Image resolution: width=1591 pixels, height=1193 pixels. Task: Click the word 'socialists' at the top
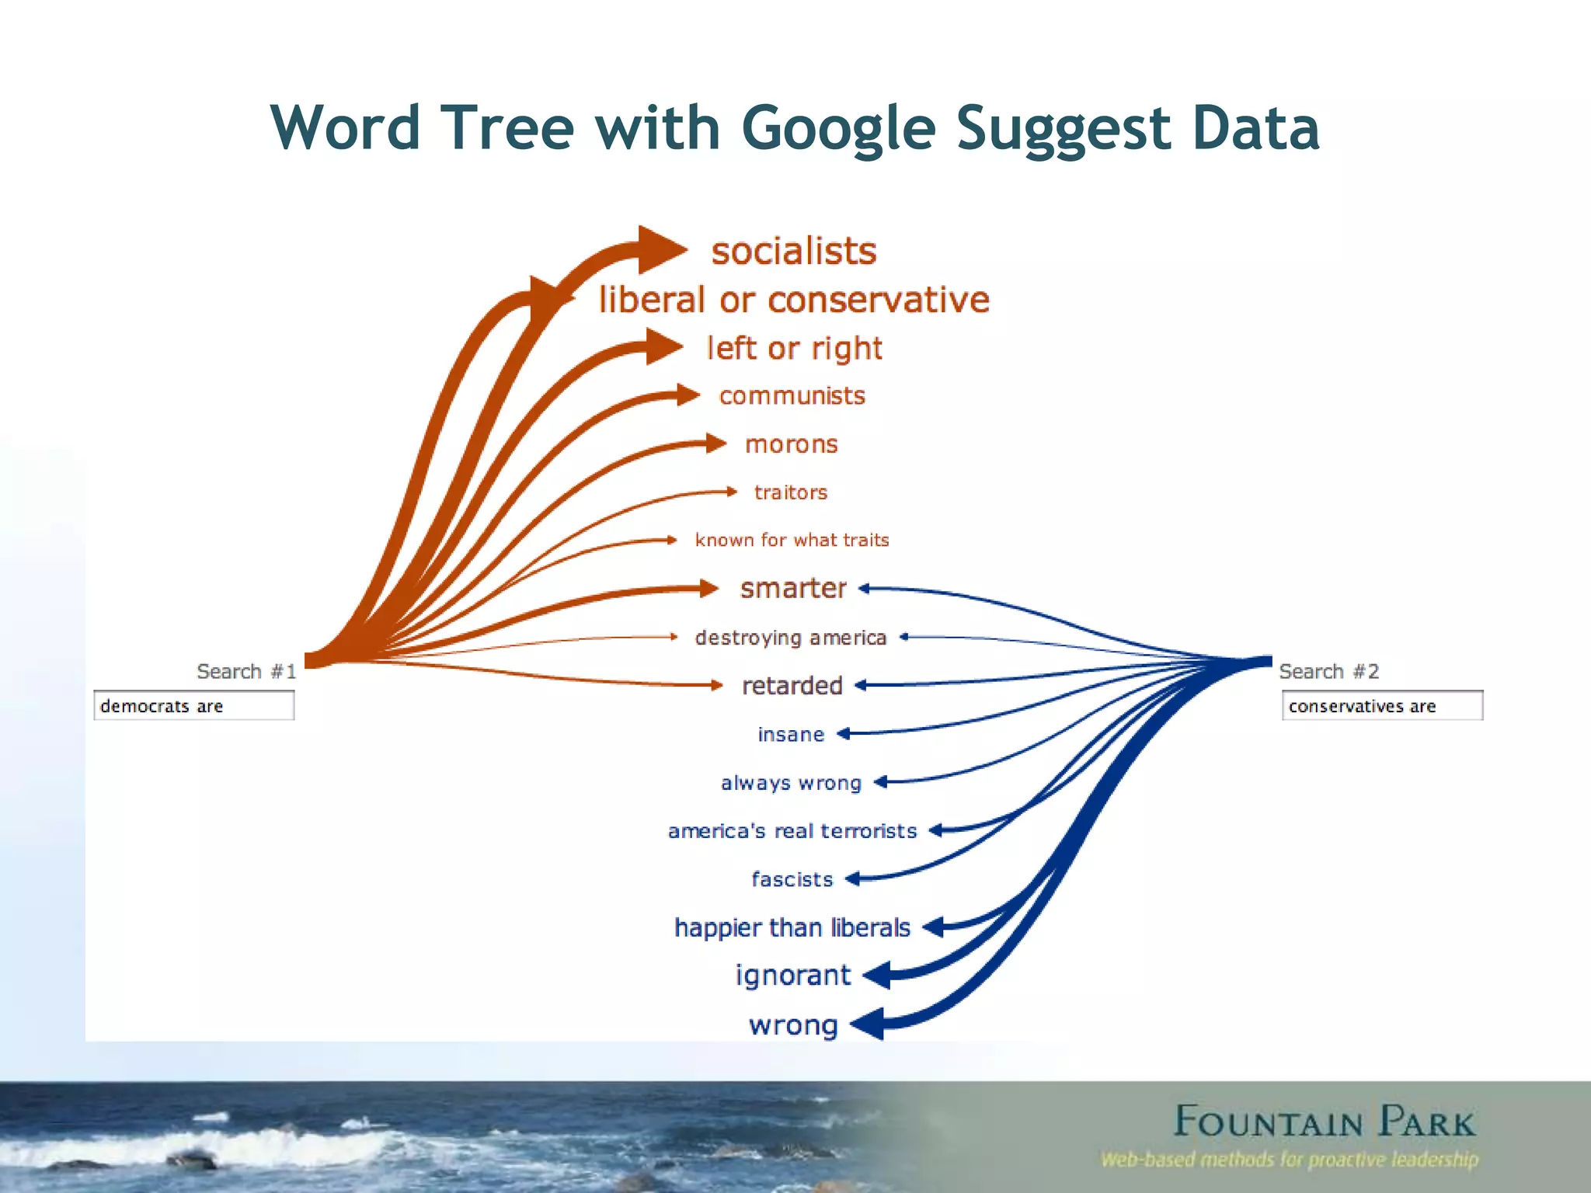tap(793, 252)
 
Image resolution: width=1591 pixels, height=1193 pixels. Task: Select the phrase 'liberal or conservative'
tap(793, 300)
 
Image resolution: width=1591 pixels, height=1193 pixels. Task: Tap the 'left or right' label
tap(793, 349)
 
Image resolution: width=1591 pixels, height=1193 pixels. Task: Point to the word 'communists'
tap(792, 396)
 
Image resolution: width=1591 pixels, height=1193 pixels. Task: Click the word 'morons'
tap(791, 444)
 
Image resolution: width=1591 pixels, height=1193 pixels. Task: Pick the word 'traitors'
tap(791, 492)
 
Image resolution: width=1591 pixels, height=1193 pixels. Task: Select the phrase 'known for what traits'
tap(792, 541)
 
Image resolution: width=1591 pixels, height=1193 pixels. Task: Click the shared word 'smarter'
tap(792, 589)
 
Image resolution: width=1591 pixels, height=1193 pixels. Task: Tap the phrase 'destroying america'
tap(791, 638)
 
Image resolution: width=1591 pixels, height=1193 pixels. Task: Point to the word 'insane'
tap(791, 735)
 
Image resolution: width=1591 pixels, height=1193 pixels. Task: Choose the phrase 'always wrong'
tap(791, 783)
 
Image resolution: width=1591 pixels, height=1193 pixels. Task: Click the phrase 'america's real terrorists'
tap(792, 831)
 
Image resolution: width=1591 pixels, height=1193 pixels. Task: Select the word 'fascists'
tap(792, 879)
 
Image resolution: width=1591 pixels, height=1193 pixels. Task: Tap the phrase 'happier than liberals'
tap(792, 927)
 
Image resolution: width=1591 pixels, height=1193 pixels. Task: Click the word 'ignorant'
tap(792, 976)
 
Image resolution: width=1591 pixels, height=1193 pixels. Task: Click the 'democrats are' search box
tap(193, 706)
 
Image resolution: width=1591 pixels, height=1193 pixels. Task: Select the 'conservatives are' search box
tap(1381, 706)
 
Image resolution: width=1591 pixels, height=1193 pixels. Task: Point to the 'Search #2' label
tap(1328, 671)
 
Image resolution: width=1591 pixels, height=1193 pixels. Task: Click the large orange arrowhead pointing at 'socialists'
tap(660, 250)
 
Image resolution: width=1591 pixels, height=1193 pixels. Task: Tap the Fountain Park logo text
tap(1323, 1122)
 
